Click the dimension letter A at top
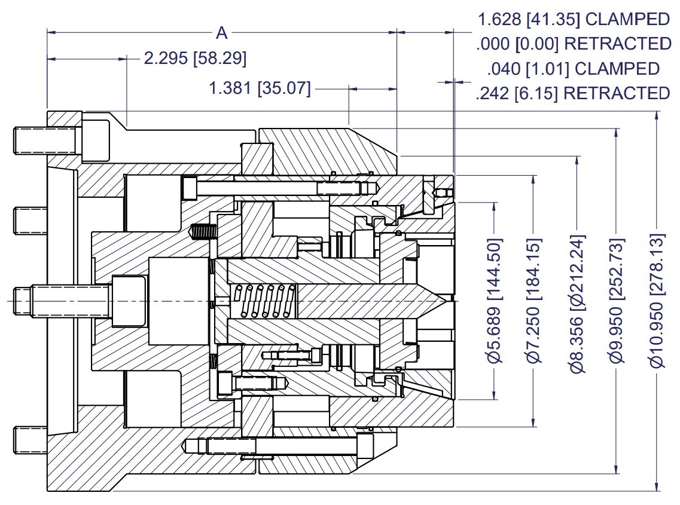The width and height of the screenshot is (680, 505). click(221, 33)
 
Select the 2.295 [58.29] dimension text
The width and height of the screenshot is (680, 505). click(195, 59)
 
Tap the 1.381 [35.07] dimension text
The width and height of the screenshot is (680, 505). click(260, 89)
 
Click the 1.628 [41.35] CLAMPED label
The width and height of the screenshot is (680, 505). click(573, 19)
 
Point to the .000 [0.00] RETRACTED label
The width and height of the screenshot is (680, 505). click(573, 44)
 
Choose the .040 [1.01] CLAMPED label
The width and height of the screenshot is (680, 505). click(573, 69)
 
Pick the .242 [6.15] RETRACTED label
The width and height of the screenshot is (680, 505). click(573, 93)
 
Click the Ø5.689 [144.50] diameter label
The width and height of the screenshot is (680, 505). click(494, 301)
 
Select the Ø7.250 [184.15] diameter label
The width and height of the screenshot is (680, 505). click(534, 301)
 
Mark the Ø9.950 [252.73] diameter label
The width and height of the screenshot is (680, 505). click(616, 301)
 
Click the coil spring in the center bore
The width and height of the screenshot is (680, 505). click(264, 301)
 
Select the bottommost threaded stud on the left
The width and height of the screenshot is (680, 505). click(30, 440)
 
